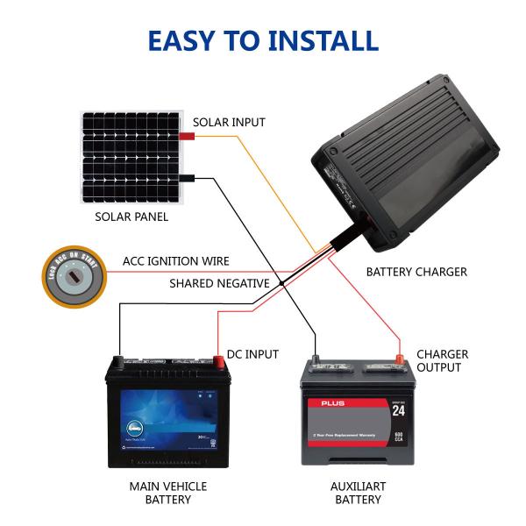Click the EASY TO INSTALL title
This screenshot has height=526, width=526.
click(263, 40)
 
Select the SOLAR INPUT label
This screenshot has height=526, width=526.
click(228, 123)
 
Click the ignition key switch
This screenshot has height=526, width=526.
click(74, 277)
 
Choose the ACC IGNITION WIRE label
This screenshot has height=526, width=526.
click(175, 261)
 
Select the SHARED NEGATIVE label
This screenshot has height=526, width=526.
click(219, 283)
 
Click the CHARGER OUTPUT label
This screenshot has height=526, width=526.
click(441, 361)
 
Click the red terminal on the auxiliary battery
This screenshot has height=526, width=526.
click(399, 357)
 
